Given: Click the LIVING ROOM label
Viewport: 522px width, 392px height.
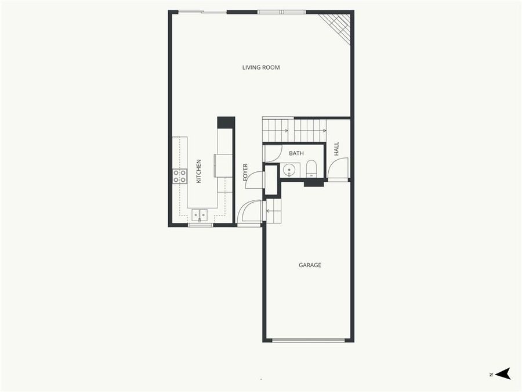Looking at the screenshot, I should tap(261, 67).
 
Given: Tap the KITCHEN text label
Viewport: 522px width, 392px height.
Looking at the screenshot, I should tap(198, 171).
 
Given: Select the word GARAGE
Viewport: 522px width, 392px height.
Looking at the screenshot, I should tap(310, 265).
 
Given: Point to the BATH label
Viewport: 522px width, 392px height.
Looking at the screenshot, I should tap(296, 153).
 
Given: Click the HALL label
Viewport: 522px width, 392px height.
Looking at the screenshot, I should tap(336, 149).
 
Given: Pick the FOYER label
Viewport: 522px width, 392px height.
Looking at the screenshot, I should tap(245, 172).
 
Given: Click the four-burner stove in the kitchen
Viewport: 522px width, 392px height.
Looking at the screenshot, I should tap(180, 176).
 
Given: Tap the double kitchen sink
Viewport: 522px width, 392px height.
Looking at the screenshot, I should tap(200, 215).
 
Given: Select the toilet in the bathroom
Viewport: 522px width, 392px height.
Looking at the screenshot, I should tap(311, 168).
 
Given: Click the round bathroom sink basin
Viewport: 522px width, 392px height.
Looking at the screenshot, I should tap(289, 170).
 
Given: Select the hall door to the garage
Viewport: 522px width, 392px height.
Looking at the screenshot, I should tap(338, 170).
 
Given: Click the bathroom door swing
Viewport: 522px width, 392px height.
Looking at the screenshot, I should tap(271, 153).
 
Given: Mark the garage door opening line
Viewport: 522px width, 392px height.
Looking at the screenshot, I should tap(309, 340).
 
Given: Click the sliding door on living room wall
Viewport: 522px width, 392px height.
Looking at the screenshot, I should tap(202, 12).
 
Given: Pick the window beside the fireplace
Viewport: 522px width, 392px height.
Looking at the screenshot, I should tap(281, 12).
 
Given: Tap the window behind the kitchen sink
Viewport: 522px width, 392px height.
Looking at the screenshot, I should tap(201, 225).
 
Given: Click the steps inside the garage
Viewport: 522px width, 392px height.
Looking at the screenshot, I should tap(273, 210).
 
